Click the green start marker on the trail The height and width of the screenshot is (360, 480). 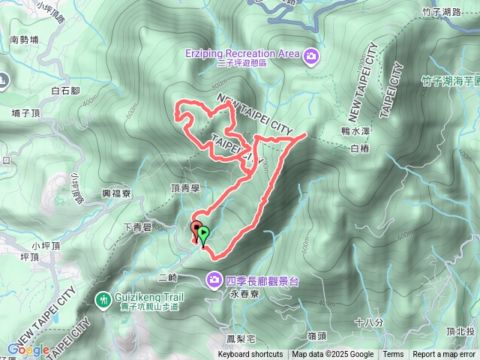tap(203, 235)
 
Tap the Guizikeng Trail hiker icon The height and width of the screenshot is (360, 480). tap(101, 298)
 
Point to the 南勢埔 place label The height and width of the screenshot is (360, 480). tap(25, 40)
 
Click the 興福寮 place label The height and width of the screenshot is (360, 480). tap(116, 193)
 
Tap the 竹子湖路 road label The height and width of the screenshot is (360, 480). tap(440, 11)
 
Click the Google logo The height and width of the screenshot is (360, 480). tap(28, 349)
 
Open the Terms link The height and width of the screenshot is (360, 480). tap(393, 355)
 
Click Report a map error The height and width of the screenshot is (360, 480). tap(444, 355)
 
